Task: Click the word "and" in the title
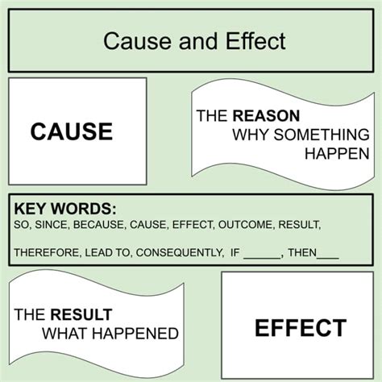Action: pos(198,41)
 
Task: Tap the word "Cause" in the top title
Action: pos(137,41)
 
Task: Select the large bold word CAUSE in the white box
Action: pos(72,131)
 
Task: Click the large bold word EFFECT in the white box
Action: pos(301,328)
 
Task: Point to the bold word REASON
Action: pos(266,116)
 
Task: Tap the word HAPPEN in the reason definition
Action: pos(337,154)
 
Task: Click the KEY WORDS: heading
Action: pos(65,209)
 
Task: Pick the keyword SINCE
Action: pos(52,225)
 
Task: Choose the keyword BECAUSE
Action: pos(99,225)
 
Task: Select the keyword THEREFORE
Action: pos(47,252)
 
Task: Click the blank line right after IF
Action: pos(262,258)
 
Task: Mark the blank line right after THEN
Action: pos(328,258)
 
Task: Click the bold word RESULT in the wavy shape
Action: pos(81,314)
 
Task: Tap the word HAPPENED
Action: pos(135,334)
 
